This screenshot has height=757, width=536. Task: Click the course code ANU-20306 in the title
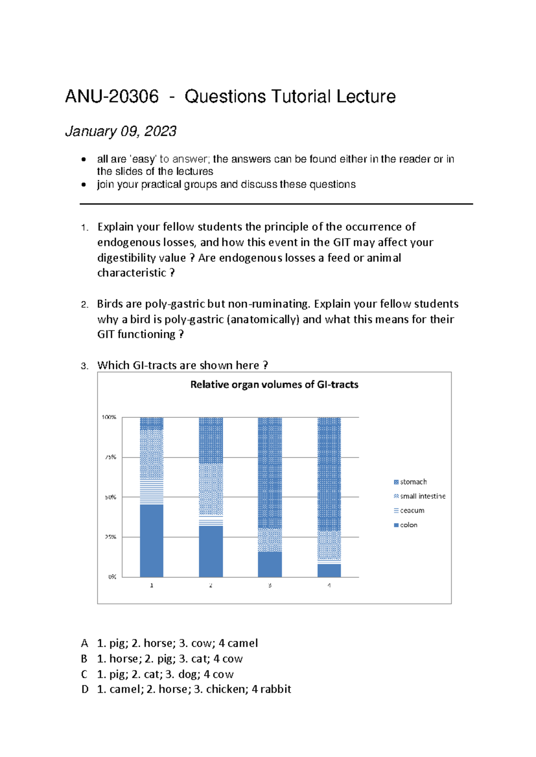[x=112, y=96]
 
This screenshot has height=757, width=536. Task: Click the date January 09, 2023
[x=121, y=131]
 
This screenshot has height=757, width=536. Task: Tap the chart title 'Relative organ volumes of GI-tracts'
[x=274, y=385]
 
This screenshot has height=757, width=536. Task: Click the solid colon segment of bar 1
[x=151, y=541]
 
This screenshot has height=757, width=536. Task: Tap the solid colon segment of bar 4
[x=329, y=570]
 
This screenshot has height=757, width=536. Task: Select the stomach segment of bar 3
[x=270, y=473]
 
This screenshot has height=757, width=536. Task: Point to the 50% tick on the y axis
[x=111, y=497]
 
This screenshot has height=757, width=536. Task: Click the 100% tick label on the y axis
[x=109, y=417]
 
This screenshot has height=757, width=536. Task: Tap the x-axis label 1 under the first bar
[x=151, y=585]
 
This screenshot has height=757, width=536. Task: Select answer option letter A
[x=84, y=643]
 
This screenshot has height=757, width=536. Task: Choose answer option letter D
[x=85, y=690]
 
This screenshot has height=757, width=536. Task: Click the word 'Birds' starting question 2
[x=110, y=304]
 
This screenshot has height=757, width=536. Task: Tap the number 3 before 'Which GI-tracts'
[x=84, y=366]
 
